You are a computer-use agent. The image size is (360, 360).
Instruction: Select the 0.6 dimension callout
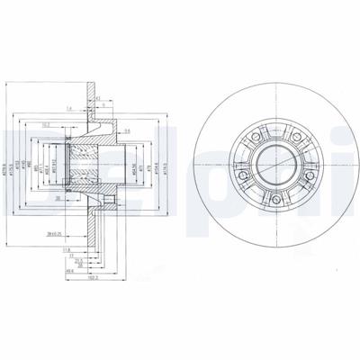click(128, 131)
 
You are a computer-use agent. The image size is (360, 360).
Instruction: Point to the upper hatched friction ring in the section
click(94, 94)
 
